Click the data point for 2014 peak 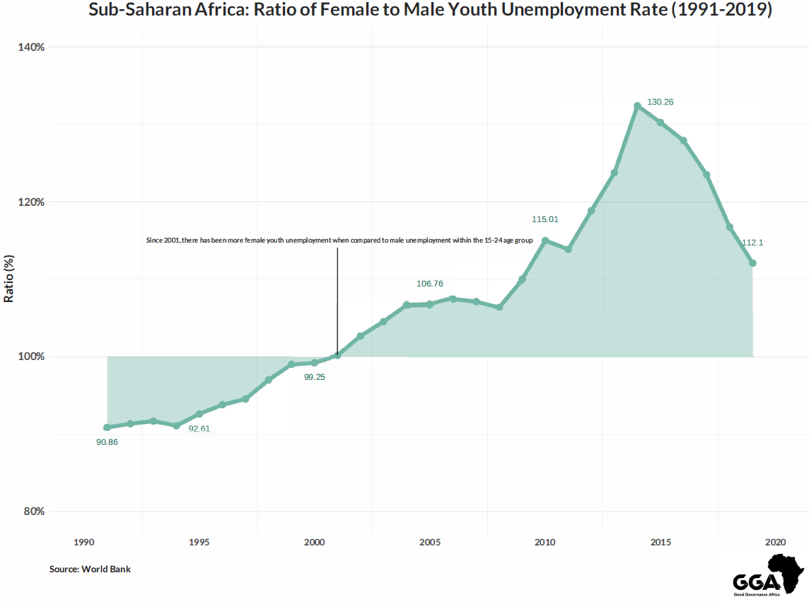point(637,105)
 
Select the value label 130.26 point(660,102)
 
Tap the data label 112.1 point(752,243)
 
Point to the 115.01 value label point(545,219)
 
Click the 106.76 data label point(430,284)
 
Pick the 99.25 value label point(314,377)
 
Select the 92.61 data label point(199,429)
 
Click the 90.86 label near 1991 point(107,442)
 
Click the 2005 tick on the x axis point(430,543)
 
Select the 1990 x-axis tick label point(83,543)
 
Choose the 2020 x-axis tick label point(776,543)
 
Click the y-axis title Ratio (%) point(9,278)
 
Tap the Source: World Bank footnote point(90,569)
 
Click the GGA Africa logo point(769,575)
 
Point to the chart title point(430,11)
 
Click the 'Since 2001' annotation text point(339,241)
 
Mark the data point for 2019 point(753,263)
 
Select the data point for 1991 point(107,427)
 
